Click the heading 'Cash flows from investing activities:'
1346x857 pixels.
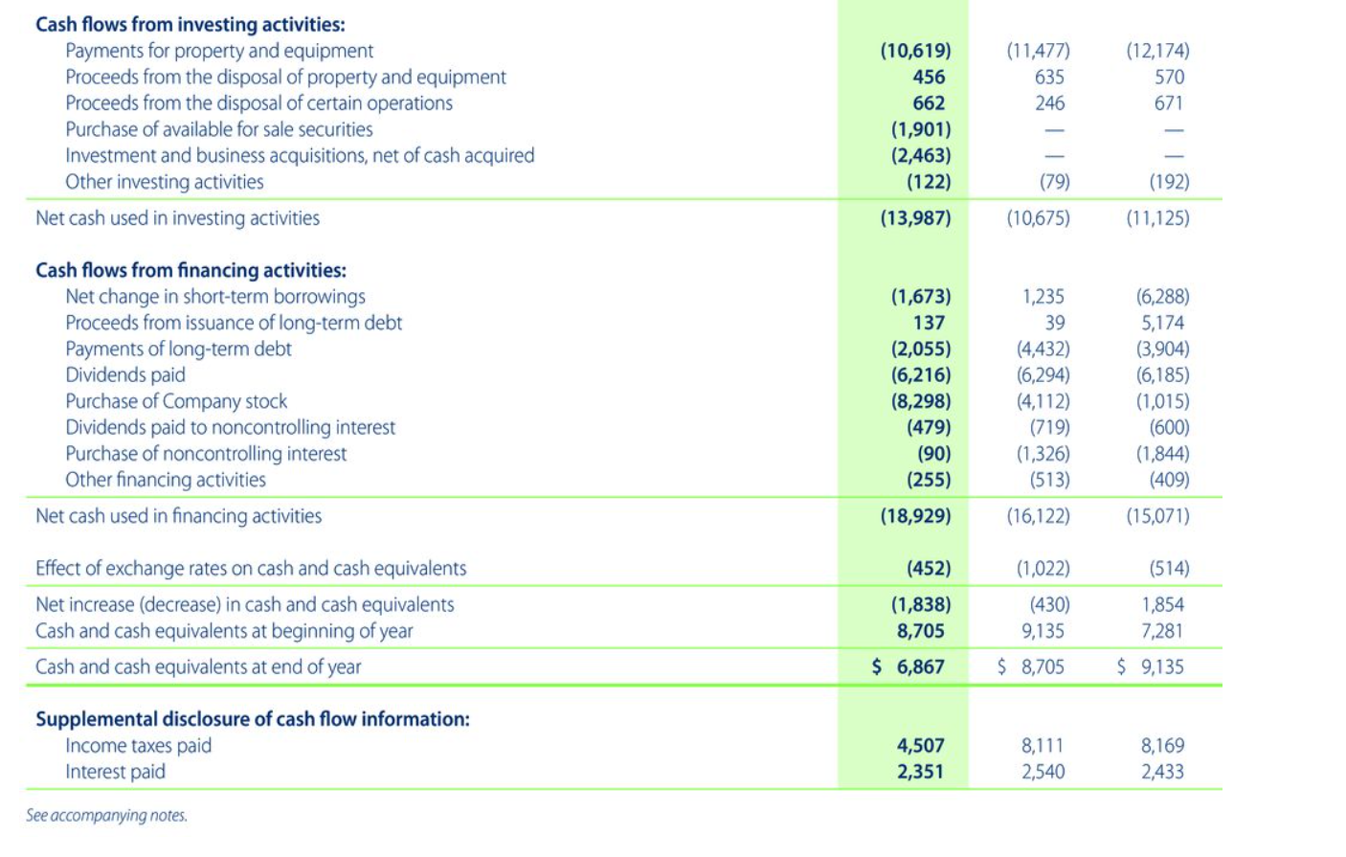tap(190, 25)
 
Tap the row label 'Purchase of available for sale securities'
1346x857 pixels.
tap(218, 129)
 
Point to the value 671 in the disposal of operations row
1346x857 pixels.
tap(1168, 103)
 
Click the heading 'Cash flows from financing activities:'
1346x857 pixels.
tap(191, 271)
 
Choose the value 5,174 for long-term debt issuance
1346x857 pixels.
tap(1162, 323)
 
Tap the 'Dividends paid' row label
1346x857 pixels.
tap(124, 375)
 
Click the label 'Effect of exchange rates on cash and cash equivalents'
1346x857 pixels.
tap(251, 569)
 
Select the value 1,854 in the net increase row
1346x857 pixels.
tap(1162, 605)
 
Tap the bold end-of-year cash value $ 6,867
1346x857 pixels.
tap(909, 667)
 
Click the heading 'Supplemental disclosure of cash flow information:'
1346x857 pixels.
tap(253, 719)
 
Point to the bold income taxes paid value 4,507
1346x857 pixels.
tap(920, 746)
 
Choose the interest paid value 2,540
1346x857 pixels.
tap(1043, 772)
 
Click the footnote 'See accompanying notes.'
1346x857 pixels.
tap(106, 816)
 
